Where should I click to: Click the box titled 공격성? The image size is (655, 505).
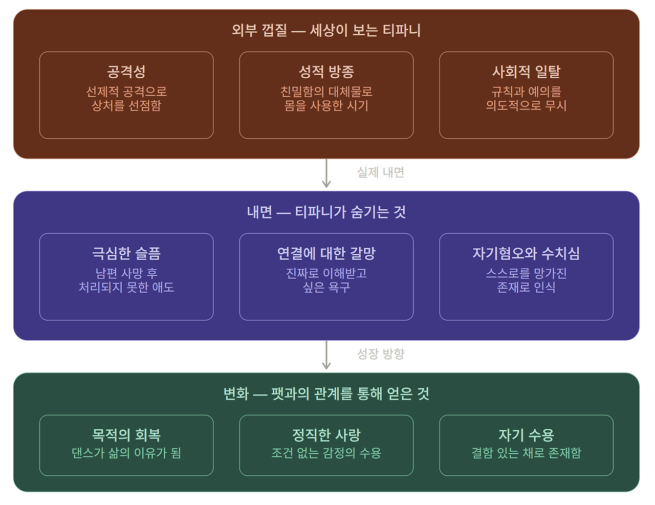(x=126, y=95)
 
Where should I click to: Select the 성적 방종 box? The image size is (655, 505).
(x=326, y=95)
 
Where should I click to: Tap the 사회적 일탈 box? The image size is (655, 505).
(x=526, y=95)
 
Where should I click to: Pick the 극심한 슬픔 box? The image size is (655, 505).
(x=126, y=277)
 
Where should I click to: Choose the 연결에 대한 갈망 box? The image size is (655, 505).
(x=326, y=277)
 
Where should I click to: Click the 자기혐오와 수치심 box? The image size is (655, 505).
(x=526, y=277)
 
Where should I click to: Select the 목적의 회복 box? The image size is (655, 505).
(x=126, y=445)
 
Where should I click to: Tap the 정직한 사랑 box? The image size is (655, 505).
(x=326, y=445)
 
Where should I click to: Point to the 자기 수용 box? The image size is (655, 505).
(x=526, y=445)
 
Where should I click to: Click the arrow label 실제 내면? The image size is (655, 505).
(x=381, y=172)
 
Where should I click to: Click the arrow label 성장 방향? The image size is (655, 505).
(x=381, y=354)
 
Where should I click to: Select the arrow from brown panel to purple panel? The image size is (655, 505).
(x=326, y=174)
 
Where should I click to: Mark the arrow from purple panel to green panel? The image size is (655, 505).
(x=326, y=356)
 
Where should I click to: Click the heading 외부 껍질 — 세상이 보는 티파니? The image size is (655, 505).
(x=326, y=30)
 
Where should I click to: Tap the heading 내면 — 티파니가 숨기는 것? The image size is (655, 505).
(x=326, y=212)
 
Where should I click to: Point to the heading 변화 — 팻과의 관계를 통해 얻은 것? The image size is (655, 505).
(x=326, y=393)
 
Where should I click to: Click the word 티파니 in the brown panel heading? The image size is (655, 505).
(x=402, y=30)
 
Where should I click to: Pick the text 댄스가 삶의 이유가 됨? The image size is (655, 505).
(x=126, y=453)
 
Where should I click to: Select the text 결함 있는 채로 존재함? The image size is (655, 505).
(x=526, y=453)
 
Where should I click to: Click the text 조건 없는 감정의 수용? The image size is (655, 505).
(x=326, y=453)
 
